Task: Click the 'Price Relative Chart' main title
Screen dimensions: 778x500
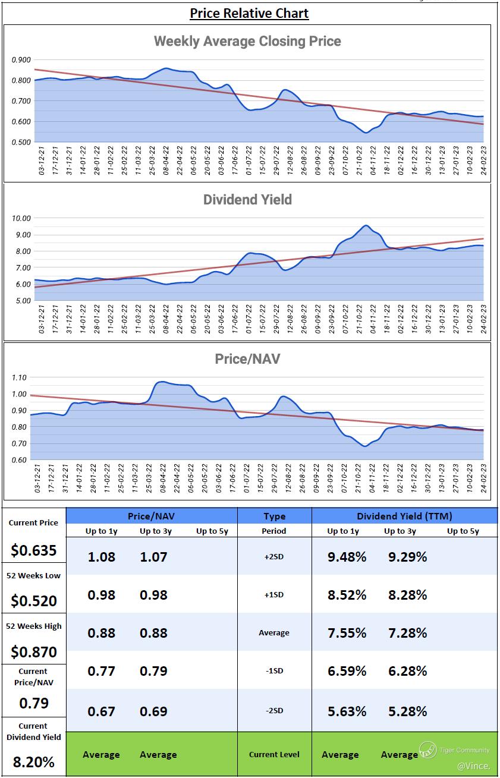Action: coord(249,12)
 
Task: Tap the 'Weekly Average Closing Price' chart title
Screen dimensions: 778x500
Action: coord(247,41)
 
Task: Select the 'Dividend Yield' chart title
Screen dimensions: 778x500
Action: coord(247,200)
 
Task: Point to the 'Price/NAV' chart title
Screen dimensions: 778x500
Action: coord(247,359)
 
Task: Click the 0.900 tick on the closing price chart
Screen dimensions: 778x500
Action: coord(21,59)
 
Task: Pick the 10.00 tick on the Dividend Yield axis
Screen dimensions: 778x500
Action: coord(21,218)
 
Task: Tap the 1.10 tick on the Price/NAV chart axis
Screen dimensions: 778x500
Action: coord(21,377)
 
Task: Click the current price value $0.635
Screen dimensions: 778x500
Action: coord(33,550)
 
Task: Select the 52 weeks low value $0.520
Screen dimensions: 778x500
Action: coord(33,601)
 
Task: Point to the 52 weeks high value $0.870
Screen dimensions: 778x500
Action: coord(33,652)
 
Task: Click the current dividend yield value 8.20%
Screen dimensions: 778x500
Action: coord(33,761)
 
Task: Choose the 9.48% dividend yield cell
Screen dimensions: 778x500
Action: coord(347,557)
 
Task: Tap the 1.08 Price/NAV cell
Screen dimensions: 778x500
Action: coord(101,557)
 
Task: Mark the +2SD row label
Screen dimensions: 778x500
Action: coord(274,557)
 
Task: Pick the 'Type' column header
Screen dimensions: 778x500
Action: coord(274,516)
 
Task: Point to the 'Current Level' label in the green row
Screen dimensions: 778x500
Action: coord(274,754)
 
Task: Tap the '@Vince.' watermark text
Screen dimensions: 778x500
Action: coord(473,766)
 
